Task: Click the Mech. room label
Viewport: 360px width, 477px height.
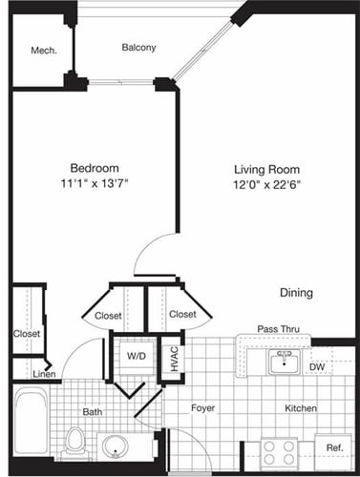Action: click(40, 51)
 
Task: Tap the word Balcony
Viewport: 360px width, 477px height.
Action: click(138, 47)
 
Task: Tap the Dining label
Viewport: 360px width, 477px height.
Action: click(296, 293)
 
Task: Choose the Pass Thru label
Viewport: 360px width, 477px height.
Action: click(278, 329)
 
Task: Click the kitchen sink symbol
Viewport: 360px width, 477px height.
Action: click(283, 360)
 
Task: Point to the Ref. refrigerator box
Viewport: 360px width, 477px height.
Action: click(334, 447)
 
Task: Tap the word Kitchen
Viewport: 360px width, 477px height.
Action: click(300, 408)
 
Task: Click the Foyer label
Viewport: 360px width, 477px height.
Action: click(202, 408)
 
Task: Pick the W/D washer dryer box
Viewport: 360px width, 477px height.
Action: click(135, 357)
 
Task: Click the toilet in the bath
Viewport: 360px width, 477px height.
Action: click(75, 441)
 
